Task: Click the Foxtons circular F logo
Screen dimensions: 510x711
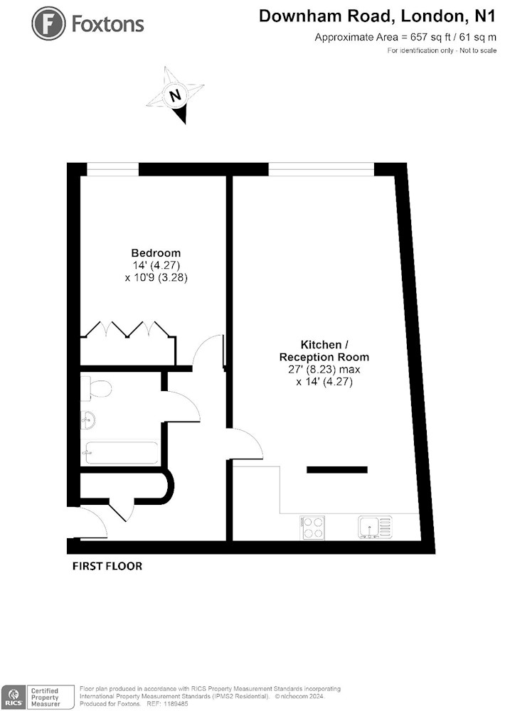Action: point(49,24)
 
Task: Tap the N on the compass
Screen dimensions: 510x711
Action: point(175,95)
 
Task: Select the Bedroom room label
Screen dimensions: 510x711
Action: point(156,253)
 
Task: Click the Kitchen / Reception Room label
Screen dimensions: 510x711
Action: point(324,351)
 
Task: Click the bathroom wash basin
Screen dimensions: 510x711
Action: point(87,419)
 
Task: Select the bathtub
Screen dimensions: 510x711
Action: point(122,452)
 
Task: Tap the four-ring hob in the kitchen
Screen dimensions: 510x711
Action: point(313,528)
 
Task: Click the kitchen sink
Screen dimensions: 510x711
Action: point(375,528)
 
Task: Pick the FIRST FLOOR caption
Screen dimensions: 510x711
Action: point(107,566)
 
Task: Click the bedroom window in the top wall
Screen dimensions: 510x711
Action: point(112,169)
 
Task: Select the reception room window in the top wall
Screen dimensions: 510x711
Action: point(322,169)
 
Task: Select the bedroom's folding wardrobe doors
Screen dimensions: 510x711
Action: point(128,329)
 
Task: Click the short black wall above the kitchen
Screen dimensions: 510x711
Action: point(337,470)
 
